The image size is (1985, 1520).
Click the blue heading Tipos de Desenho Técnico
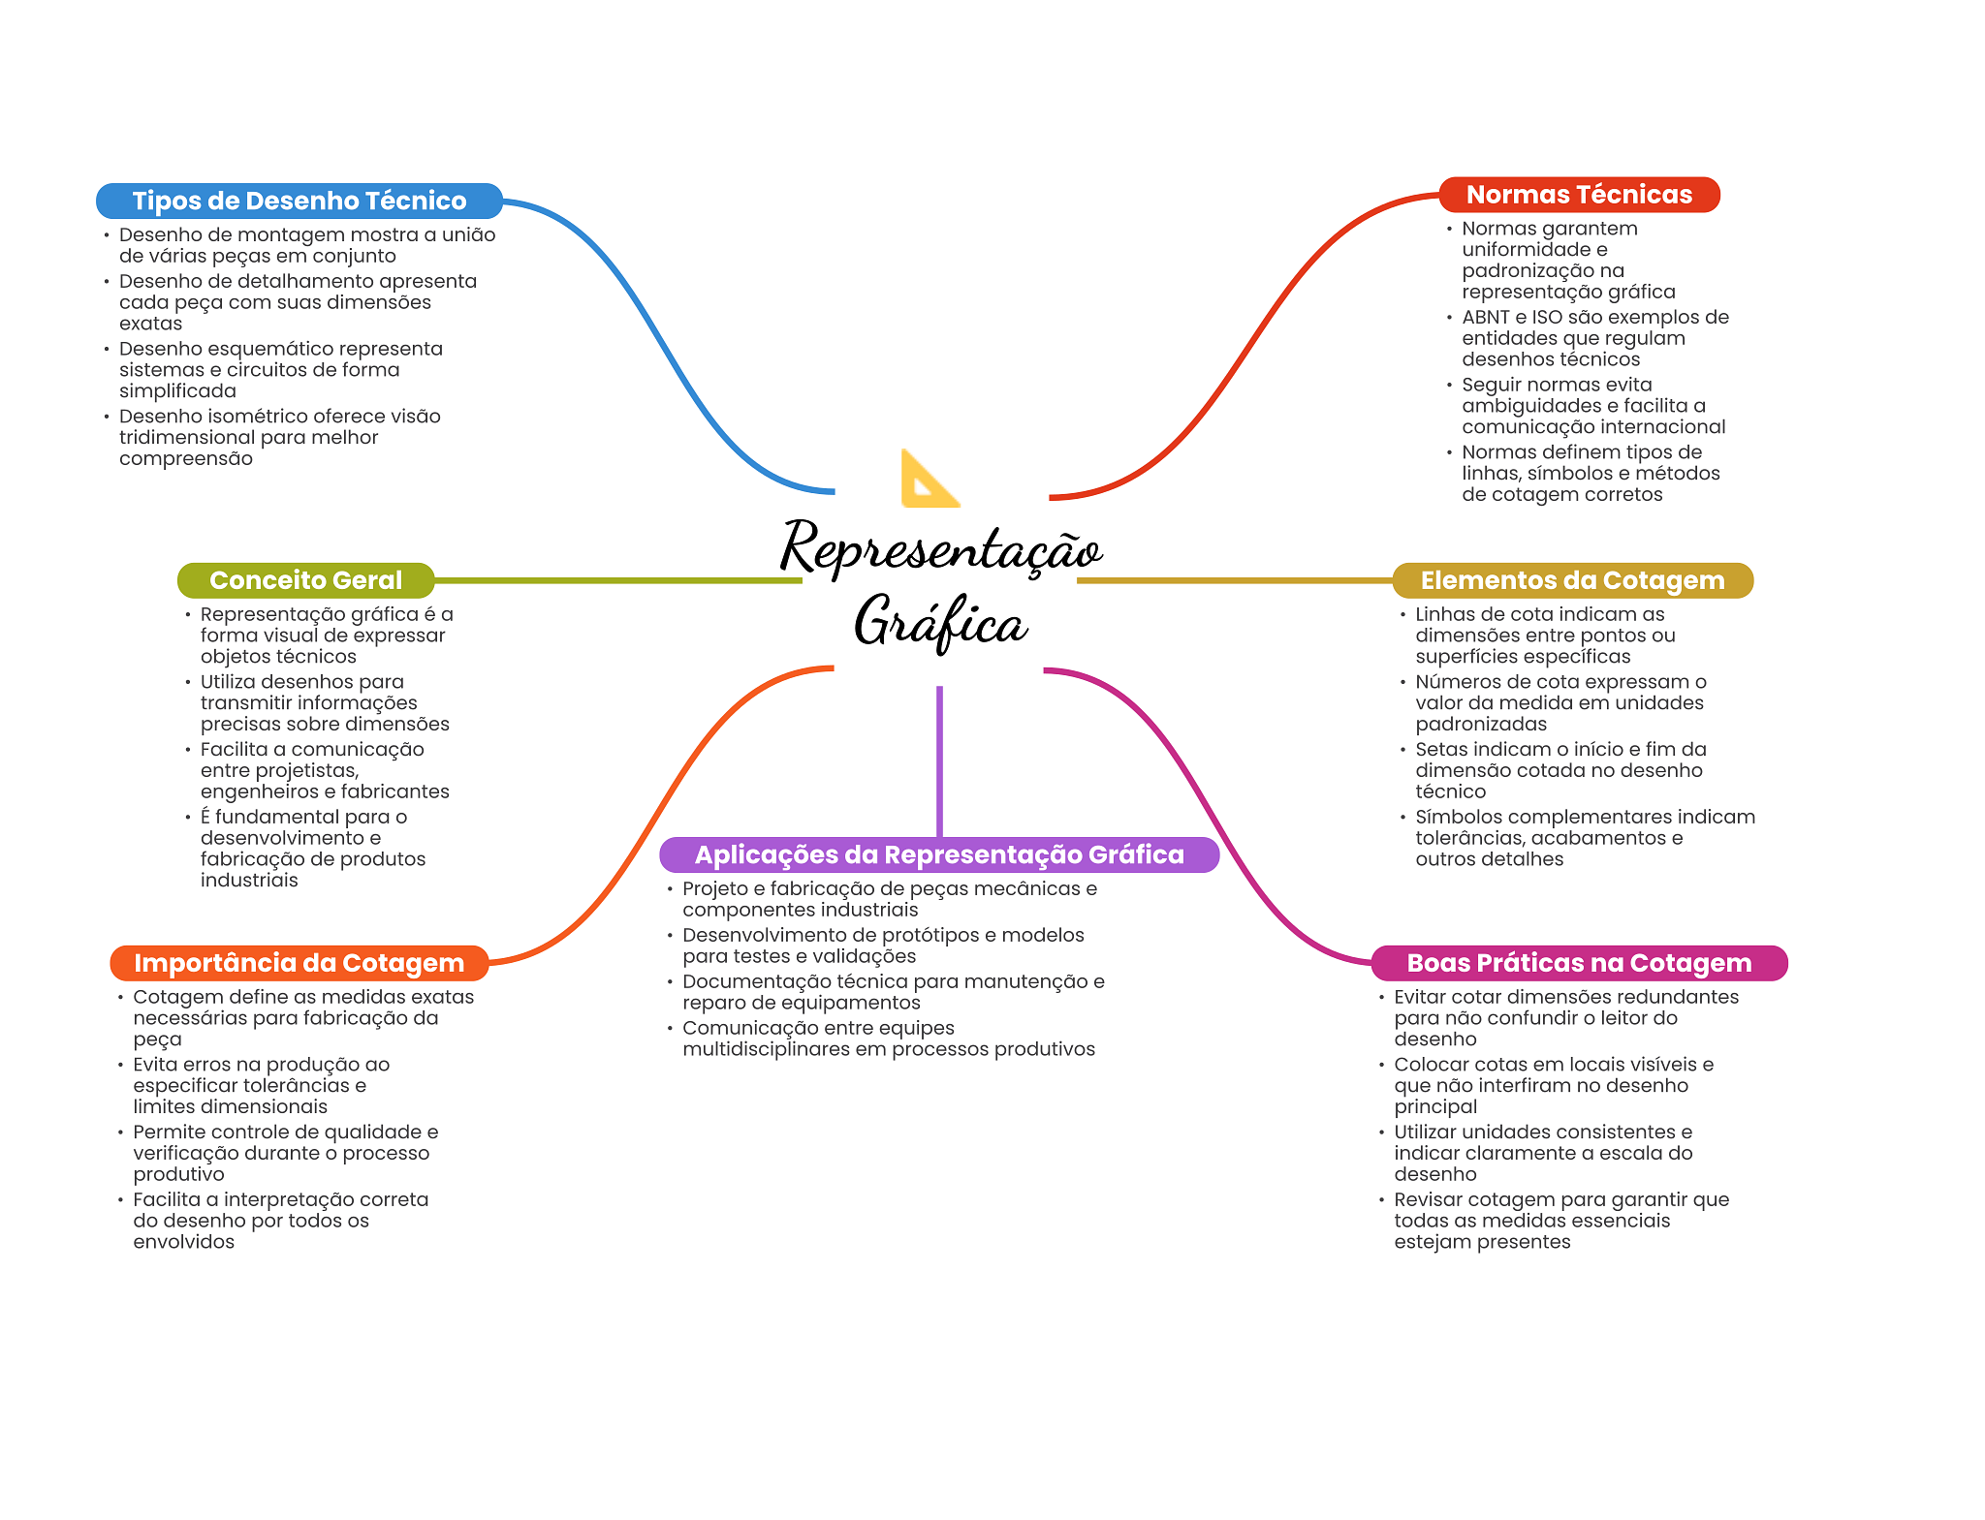coord(299,201)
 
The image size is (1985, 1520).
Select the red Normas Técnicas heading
coord(1578,195)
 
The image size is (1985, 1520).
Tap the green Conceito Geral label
coord(305,580)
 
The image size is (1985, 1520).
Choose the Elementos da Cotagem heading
coord(1571,580)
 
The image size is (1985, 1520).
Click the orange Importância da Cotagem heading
coord(299,963)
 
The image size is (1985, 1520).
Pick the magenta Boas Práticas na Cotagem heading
coord(1578,963)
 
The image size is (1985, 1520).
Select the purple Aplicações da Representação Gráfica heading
coord(938,854)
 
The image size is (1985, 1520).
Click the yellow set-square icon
coord(928,480)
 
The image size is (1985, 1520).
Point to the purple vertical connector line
coord(939,760)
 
